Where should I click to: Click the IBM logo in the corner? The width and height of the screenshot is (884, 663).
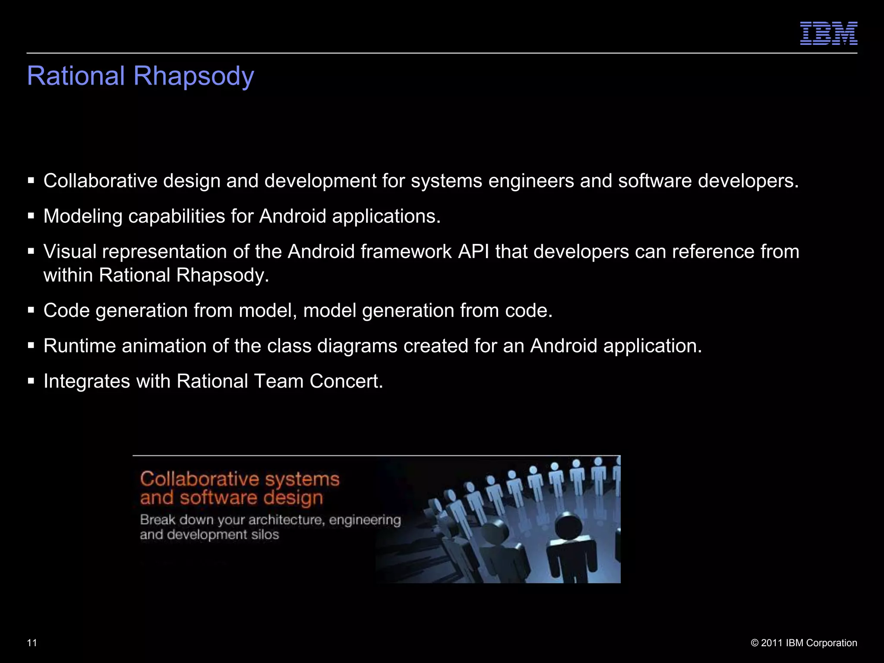tap(829, 33)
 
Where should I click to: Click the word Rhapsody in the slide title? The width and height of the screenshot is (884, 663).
tap(194, 76)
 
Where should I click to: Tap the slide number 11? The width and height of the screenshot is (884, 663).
tap(32, 643)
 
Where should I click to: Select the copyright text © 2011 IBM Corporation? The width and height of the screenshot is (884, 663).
tap(804, 643)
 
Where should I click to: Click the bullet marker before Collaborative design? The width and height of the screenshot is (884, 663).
tap(31, 181)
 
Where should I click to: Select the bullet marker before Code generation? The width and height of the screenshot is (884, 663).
tap(31, 310)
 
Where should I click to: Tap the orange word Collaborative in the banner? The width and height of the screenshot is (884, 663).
tap(199, 479)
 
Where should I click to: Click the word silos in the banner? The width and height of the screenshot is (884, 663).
tap(265, 535)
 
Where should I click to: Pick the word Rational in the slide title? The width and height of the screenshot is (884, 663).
tap(76, 76)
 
